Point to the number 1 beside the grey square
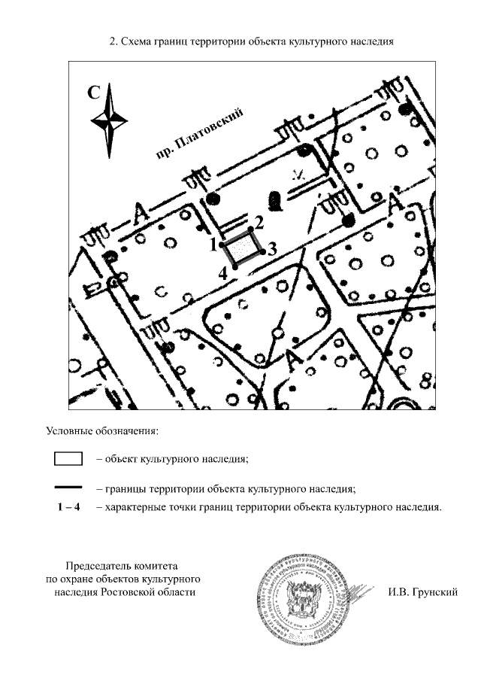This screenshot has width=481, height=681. (x=213, y=244)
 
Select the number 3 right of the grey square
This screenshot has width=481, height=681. (x=273, y=248)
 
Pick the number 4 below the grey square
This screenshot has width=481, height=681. (x=222, y=273)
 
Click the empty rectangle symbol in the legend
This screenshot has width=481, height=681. (x=67, y=458)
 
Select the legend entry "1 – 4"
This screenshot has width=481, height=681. (x=69, y=507)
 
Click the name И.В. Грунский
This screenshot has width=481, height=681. (x=423, y=592)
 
